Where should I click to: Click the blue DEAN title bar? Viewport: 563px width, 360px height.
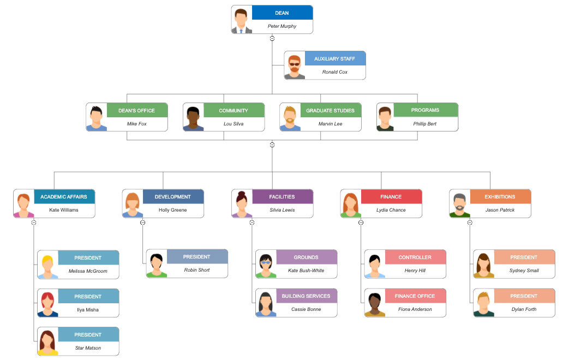click(282, 13)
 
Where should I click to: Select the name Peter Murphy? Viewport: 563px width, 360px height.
click(282, 26)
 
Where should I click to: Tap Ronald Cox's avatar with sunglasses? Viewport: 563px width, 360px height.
click(295, 65)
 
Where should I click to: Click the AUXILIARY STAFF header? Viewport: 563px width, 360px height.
click(335, 58)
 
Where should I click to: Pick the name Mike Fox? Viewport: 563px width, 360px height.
click(136, 124)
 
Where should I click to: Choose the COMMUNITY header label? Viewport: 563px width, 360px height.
click(233, 110)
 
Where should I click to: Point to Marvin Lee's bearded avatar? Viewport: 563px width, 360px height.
click(290, 117)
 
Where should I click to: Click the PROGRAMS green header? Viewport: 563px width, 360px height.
click(425, 110)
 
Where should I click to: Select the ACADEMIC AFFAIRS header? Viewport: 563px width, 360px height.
click(64, 196)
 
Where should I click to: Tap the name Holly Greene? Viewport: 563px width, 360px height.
click(172, 210)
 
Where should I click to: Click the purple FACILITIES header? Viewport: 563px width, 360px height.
click(282, 196)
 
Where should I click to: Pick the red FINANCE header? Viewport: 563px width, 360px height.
click(391, 196)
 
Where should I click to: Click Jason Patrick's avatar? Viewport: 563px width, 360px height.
click(460, 203)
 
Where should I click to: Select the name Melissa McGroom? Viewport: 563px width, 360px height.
click(88, 271)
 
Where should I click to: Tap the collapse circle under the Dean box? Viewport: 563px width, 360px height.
click(272, 38)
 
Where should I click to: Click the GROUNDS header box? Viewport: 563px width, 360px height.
click(306, 257)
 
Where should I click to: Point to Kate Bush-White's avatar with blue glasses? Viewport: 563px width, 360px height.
click(266, 265)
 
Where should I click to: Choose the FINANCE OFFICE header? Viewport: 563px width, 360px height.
click(415, 296)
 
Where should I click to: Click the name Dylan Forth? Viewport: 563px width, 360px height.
click(524, 309)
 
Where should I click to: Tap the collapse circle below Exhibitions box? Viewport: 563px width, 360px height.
click(470, 222)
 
